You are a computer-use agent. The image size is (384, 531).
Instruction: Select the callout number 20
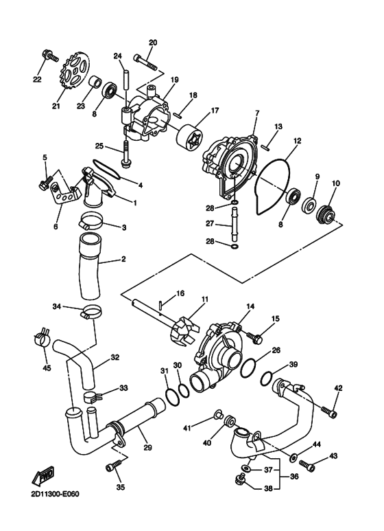tap(153, 43)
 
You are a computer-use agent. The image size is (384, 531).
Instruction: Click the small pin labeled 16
tap(161, 304)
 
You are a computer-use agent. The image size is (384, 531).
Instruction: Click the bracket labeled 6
tap(64, 194)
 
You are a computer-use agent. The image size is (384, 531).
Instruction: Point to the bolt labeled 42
tap(328, 411)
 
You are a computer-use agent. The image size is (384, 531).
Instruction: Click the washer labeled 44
tap(293, 457)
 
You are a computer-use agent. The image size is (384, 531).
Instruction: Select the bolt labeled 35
tap(113, 465)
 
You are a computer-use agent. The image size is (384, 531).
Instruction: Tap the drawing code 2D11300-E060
tap(55, 494)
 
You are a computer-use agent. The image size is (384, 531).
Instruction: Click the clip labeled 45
tap(43, 337)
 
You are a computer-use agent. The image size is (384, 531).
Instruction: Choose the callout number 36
tap(294, 476)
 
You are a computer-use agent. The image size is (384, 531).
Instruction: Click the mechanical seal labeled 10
tap(325, 215)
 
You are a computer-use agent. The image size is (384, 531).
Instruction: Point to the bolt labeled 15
tap(254, 337)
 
